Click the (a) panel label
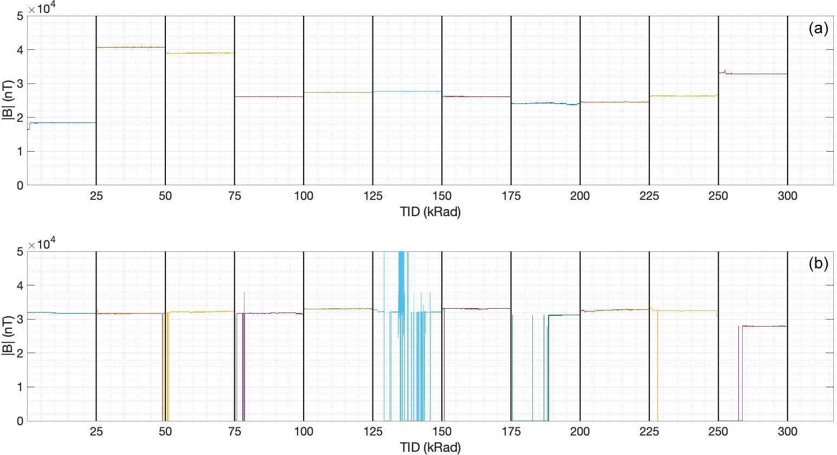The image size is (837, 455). (818, 28)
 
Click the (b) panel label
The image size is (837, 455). (818, 264)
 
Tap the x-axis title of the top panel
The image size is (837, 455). (430, 212)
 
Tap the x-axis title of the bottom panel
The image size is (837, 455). (430, 447)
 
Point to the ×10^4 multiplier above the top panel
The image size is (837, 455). (43, 9)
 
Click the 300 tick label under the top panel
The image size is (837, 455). (787, 196)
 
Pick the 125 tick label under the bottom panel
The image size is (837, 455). (372, 432)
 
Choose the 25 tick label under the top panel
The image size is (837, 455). (96, 196)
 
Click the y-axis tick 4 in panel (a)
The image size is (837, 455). (20, 50)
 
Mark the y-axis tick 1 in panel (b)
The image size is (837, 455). (20, 387)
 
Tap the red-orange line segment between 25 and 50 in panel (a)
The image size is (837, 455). (130, 47)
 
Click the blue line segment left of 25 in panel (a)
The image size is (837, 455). (62, 122)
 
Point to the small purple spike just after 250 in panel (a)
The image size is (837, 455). (725, 70)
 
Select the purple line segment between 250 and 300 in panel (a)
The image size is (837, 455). (759, 74)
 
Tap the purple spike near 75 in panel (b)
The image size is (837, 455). (244, 295)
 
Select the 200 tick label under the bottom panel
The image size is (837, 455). (580, 432)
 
